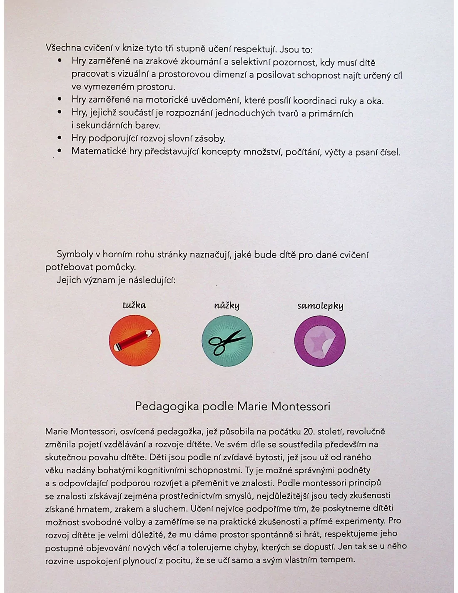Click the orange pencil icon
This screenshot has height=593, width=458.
tap(134, 341)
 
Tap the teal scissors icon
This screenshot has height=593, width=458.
tap(227, 341)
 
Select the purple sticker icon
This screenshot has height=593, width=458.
tap(320, 341)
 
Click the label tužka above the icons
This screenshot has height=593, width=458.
tap(134, 305)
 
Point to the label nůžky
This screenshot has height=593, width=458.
tap(227, 306)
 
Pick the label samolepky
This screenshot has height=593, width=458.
tap(320, 306)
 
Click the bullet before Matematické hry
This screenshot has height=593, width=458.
tap(60, 151)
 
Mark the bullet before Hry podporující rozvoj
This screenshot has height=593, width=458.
tap(60, 138)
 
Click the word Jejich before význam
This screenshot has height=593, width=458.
tap(69, 280)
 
